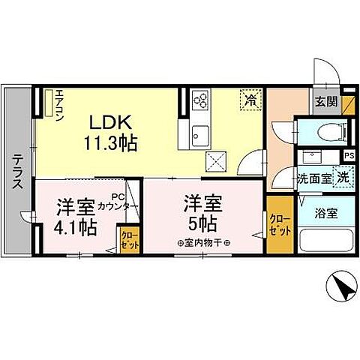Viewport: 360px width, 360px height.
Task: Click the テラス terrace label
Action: coord(17,172)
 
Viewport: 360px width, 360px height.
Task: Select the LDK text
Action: coord(112,121)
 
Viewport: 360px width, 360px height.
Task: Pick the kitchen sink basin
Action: coord(200,135)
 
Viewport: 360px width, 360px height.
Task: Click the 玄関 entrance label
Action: coord(325,103)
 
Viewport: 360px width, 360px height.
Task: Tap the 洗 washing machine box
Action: coord(342,178)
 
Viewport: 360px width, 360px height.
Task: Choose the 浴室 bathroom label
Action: coord(325,212)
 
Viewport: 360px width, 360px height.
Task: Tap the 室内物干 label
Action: coord(202,242)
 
